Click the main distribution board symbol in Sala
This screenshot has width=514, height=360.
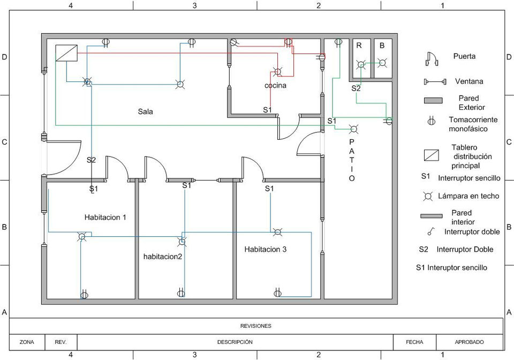[67, 53]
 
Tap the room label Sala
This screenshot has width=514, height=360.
[145, 112]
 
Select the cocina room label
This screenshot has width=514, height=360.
[275, 86]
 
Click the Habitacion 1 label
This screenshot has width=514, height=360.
[105, 217]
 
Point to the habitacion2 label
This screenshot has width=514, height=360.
[163, 257]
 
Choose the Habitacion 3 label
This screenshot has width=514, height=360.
[266, 249]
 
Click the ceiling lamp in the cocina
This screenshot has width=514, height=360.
[277, 71]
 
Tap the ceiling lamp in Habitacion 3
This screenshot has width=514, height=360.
[277, 232]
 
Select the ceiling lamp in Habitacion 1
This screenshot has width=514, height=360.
[82, 236]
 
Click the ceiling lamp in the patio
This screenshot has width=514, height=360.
[353, 129]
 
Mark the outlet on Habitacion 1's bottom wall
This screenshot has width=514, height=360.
[84, 294]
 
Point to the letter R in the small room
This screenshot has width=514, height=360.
[359, 46]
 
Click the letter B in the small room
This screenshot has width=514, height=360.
[382, 46]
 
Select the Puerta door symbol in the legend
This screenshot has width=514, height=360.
[432, 59]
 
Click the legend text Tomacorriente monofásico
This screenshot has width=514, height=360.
[473, 124]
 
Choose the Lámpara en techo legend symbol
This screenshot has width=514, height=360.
[428, 197]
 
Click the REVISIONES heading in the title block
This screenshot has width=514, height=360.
[256, 326]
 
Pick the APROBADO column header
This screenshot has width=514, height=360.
[469, 342]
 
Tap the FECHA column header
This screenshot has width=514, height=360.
[414, 342]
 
